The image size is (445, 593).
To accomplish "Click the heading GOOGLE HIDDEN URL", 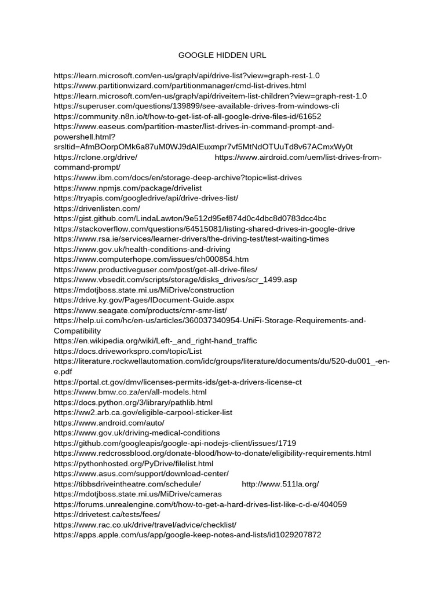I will coord(222,56).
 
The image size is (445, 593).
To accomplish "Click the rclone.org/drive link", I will coord(96,158).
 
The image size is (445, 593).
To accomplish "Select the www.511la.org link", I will coord(280,484).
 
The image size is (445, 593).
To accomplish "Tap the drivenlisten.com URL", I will coord(97,208).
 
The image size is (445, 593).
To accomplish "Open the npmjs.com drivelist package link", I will coord(126,188).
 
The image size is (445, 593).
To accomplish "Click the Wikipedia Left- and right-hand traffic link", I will coord(155,341).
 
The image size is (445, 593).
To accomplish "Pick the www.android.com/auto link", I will coord(109,423).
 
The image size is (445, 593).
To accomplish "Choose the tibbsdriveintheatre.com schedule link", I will coord(127,484).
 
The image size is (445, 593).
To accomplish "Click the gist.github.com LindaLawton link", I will coord(190,219).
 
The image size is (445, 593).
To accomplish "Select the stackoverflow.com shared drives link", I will coord(204,229).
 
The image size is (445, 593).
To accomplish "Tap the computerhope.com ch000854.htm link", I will coord(151,259).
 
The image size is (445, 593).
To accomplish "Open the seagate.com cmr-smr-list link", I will coord(140,310).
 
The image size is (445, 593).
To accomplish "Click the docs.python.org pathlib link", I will coord(133,402).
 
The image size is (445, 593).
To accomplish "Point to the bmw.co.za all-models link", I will coord(130,392).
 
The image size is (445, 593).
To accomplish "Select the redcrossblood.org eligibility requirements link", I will coord(213,453).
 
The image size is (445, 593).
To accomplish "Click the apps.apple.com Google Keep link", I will coord(187,535).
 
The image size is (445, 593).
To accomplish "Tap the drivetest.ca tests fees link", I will coord(107,514).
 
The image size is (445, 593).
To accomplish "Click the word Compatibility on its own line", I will coord(77,331).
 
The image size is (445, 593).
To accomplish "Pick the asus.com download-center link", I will coord(141,474).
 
